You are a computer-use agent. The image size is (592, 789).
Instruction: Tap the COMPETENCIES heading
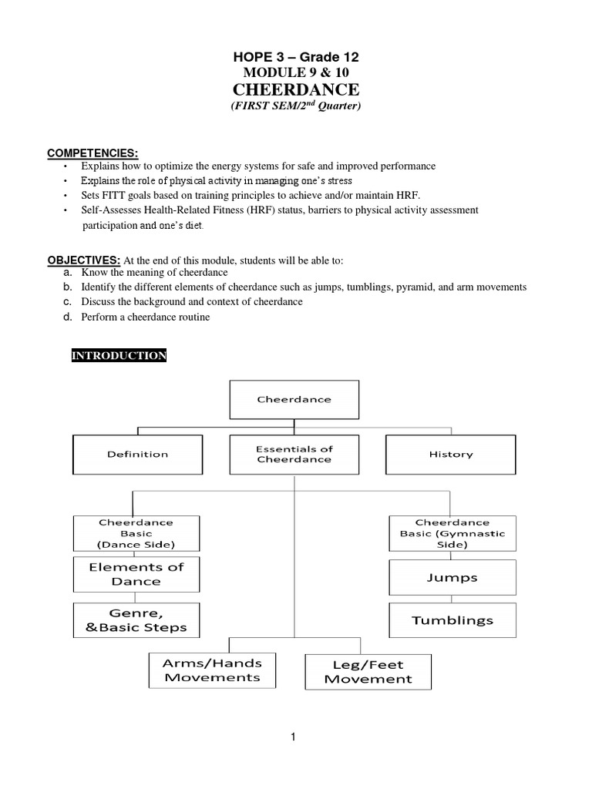[x=92, y=153]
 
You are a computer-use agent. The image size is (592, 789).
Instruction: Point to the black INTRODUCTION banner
[x=119, y=355]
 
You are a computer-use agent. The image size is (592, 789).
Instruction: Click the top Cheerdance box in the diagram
[x=294, y=400]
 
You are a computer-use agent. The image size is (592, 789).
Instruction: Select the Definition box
[x=137, y=455]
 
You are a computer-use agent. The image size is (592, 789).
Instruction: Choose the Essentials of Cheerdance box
[x=294, y=454]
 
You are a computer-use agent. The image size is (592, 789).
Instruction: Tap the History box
[x=450, y=455]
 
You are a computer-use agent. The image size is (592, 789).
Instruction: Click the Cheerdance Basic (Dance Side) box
[x=136, y=533]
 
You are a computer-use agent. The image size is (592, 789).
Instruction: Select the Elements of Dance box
[x=136, y=575]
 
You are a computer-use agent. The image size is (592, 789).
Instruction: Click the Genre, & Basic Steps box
[x=136, y=620]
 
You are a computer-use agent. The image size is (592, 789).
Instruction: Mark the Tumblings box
[x=452, y=620]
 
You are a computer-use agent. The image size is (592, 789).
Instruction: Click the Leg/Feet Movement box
[x=368, y=671]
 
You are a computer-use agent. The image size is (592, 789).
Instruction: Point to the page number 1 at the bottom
[x=293, y=737]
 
